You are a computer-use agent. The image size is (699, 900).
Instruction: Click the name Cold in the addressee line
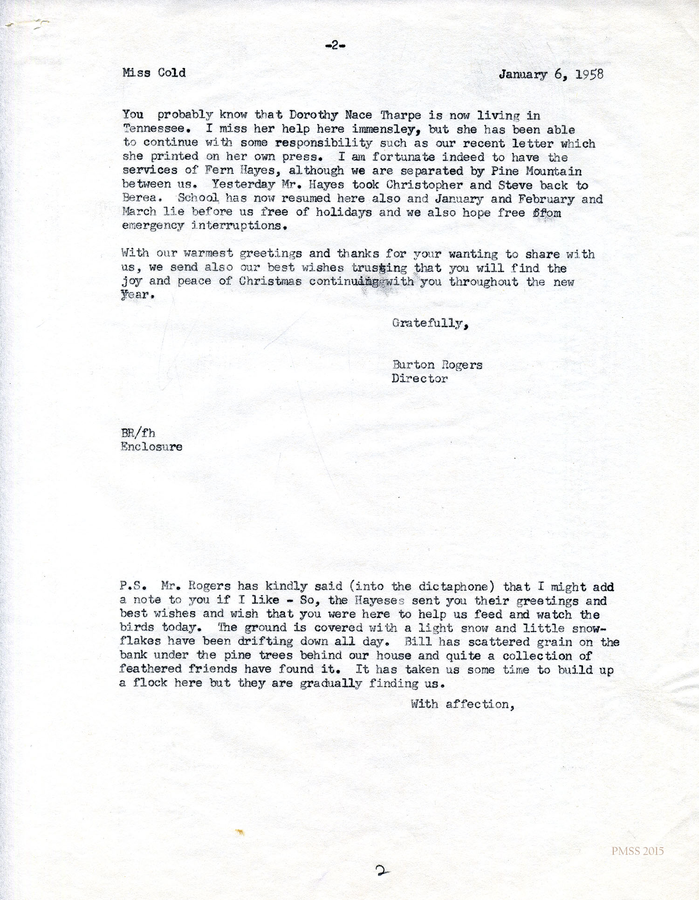pos(171,73)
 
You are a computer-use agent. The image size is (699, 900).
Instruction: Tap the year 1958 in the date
pos(589,75)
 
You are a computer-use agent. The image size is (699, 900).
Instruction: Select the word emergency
pos(153,226)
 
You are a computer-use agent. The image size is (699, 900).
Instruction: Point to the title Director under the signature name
pos(419,378)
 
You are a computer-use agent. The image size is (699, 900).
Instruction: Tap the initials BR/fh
pos(137,433)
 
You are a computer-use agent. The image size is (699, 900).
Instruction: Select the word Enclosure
pos(151,447)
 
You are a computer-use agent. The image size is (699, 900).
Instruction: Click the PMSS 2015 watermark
pos(637,851)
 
